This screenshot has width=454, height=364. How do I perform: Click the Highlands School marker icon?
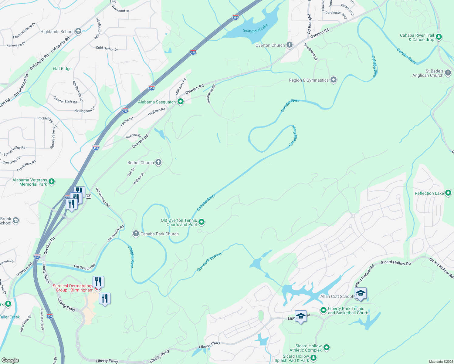coord(78,31)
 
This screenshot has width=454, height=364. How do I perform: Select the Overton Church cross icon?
coord(290,45)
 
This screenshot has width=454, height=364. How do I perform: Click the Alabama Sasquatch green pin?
coord(181,102)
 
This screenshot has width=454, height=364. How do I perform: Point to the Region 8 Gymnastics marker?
coord(334,80)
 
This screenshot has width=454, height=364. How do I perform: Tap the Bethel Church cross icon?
coord(158,162)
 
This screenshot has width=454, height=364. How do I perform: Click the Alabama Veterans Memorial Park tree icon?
coord(52,182)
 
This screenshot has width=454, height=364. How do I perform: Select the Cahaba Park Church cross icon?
coord(136,234)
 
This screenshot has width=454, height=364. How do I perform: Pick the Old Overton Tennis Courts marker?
coord(201,222)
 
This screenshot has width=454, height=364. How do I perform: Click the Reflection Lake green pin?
coord(448,193)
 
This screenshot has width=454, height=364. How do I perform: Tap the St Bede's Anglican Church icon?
coord(448,73)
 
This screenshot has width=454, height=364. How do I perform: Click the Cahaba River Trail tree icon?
coord(439,37)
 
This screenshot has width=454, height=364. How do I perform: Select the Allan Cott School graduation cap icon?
coord(360,293)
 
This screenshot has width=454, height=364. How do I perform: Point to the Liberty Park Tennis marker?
coord(323,310)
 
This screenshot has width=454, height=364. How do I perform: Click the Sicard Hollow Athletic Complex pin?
coord(327,348)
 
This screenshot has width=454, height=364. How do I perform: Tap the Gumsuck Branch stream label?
coord(209,262)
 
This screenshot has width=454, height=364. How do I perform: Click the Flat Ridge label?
coord(62,69)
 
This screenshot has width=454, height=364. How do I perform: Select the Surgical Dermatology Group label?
coord(73,288)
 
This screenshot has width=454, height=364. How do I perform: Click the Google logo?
coord(10,360)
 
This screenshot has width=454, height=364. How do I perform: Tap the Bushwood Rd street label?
coord(211,94)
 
